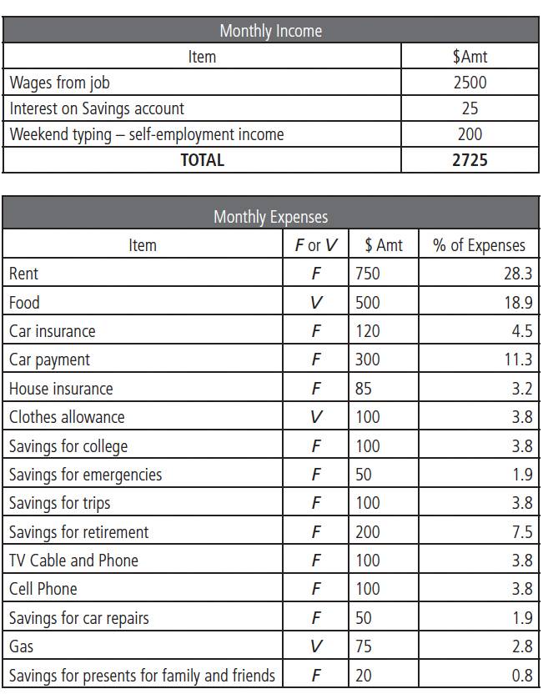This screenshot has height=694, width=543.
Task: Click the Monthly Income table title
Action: (x=270, y=31)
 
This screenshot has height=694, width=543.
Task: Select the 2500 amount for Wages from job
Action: (x=470, y=83)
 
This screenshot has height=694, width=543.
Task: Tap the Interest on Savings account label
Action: (x=97, y=108)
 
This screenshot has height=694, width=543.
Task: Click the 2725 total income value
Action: (x=470, y=160)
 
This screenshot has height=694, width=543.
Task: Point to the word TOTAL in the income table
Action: (x=202, y=160)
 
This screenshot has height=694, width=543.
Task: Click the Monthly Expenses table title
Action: (x=270, y=217)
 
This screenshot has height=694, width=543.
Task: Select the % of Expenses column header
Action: (x=479, y=245)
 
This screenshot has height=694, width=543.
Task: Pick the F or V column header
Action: (x=316, y=245)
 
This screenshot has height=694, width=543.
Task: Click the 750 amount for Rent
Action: (x=367, y=274)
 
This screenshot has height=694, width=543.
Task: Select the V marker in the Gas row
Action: (x=315, y=646)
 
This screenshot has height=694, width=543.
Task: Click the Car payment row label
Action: (x=49, y=360)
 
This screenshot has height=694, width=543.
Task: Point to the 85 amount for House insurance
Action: (x=364, y=389)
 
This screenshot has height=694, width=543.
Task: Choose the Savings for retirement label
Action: (x=78, y=532)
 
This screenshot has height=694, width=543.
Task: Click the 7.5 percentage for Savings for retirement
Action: (x=522, y=532)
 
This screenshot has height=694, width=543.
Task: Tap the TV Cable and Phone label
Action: (x=73, y=561)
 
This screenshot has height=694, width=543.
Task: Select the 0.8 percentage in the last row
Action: (x=522, y=676)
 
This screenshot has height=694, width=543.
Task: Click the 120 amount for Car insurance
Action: (x=367, y=331)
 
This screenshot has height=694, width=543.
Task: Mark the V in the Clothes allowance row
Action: (x=315, y=417)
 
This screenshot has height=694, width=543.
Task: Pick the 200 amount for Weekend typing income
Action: (x=470, y=134)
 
